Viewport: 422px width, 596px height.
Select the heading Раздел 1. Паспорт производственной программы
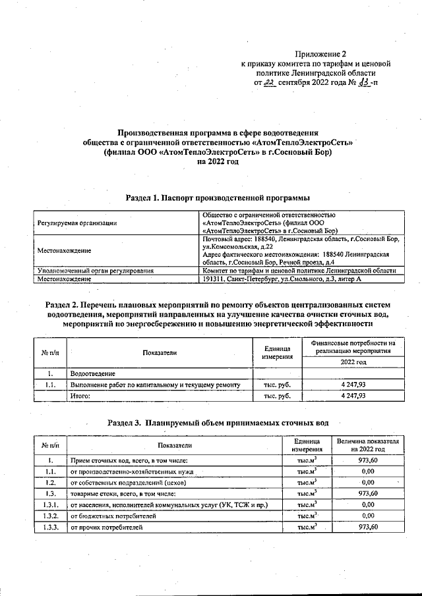217,198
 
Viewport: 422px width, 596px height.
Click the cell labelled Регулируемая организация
77,224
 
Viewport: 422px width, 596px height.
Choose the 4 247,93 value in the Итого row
353,396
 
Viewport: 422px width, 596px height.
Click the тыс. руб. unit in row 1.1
277,385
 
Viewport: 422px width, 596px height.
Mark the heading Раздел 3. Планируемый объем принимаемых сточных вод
218,422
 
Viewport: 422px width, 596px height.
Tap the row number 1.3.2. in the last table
50,516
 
